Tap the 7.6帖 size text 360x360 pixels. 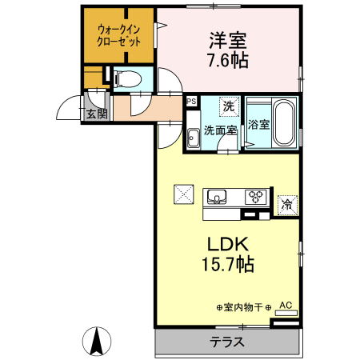point(227,59)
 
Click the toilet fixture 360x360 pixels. point(128,78)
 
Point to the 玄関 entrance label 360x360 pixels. point(98,114)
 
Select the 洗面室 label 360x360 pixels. point(218,130)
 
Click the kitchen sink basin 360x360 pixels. point(218,196)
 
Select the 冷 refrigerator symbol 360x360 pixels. point(286,204)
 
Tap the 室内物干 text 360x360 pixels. point(244,307)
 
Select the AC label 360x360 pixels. point(286,305)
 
